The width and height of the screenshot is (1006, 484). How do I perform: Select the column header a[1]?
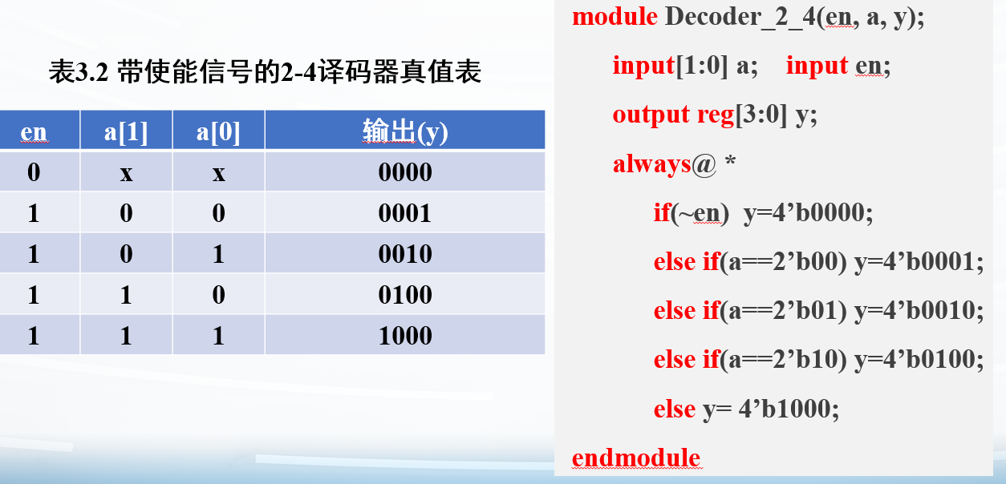126,132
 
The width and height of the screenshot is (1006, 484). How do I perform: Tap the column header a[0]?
218,132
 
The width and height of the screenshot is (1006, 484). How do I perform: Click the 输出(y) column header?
405,132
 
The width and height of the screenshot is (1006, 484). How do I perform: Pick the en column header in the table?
34,132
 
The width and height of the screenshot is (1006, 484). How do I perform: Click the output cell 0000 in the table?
405,172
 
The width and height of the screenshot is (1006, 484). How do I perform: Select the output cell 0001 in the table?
405,213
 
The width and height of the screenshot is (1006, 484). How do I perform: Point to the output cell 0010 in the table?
405,254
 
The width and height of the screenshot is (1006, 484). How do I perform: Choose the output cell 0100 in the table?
405,295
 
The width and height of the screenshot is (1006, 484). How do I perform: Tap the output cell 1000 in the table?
405,336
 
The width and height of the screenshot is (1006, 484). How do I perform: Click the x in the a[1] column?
126,174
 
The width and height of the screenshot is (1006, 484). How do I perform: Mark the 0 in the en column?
34,172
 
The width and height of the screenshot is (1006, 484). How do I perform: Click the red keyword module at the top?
615,17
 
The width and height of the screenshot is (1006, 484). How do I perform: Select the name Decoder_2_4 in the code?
740,18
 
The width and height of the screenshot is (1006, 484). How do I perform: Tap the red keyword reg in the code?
716,115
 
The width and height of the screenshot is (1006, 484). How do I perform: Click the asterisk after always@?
730,160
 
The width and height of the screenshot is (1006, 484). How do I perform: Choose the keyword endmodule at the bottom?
636,458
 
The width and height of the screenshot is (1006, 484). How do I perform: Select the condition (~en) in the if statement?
700,213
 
